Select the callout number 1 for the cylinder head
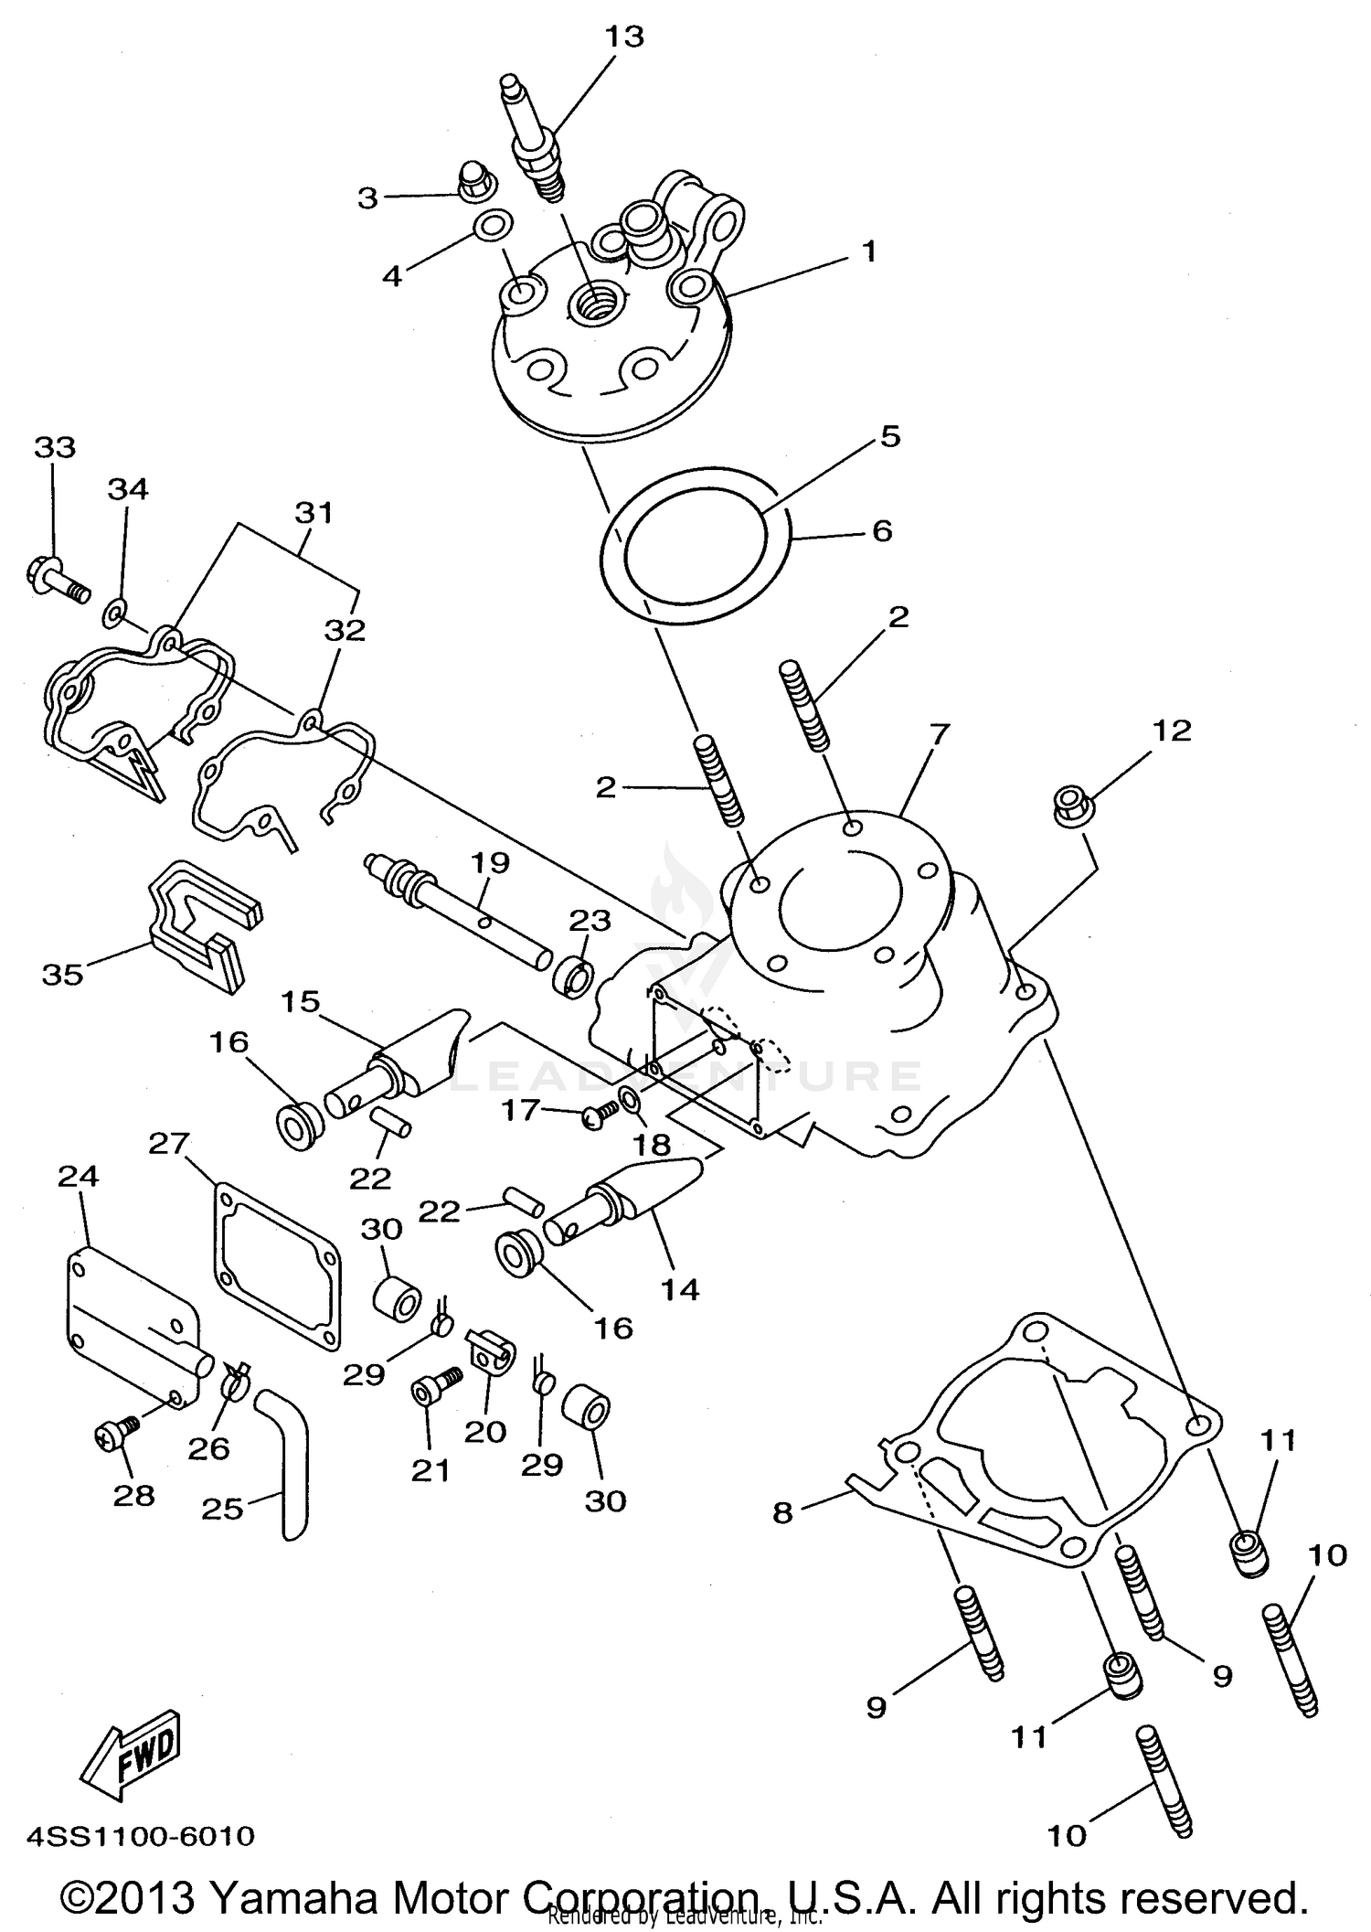click(x=868, y=251)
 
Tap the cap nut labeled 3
click(x=473, y=184)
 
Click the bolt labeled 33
click(x=56, y=582)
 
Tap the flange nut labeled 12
click(x=1069, y=805)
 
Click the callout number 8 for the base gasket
click(x=782, y=1513)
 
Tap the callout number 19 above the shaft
click(x=491, y=861)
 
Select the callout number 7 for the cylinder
click(x=939, y=733)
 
